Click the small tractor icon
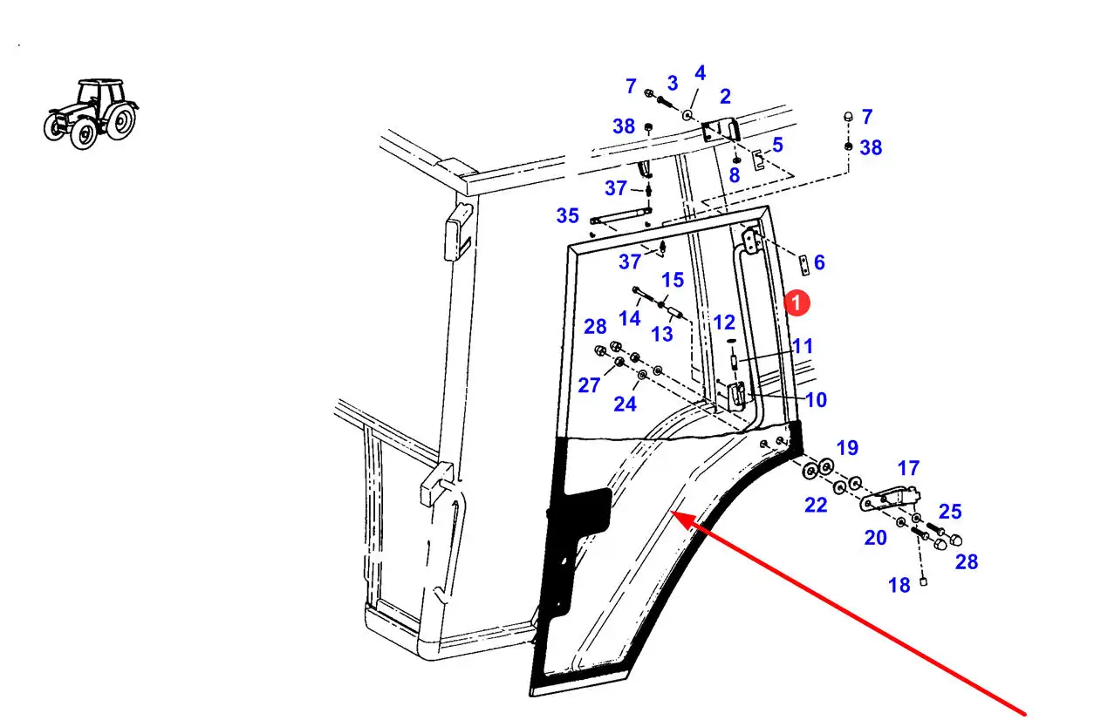91,112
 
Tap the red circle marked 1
797,302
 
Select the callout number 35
567,215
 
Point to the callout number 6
818,262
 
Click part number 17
908,469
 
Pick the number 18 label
899,586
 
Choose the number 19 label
847,448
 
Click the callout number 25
950,511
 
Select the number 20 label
875,538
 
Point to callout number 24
625,404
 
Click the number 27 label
589,384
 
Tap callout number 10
816,400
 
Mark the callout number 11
803,346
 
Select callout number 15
673,280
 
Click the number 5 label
777,145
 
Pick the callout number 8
734,175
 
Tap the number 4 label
700,73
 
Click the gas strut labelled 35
618,215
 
